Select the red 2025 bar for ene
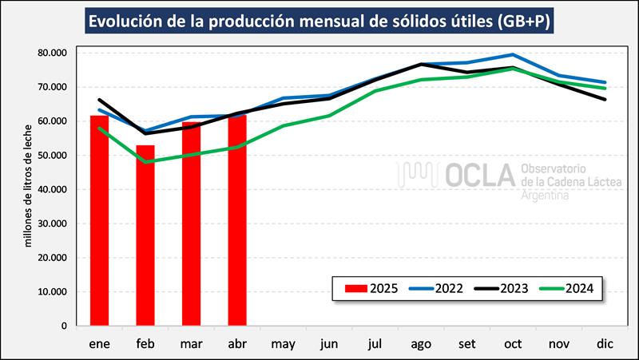click(100, 220)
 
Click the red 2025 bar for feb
click(145, 235)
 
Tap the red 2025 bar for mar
click(191, 224)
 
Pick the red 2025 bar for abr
click(237, 220)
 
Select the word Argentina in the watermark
click(546, 196)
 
